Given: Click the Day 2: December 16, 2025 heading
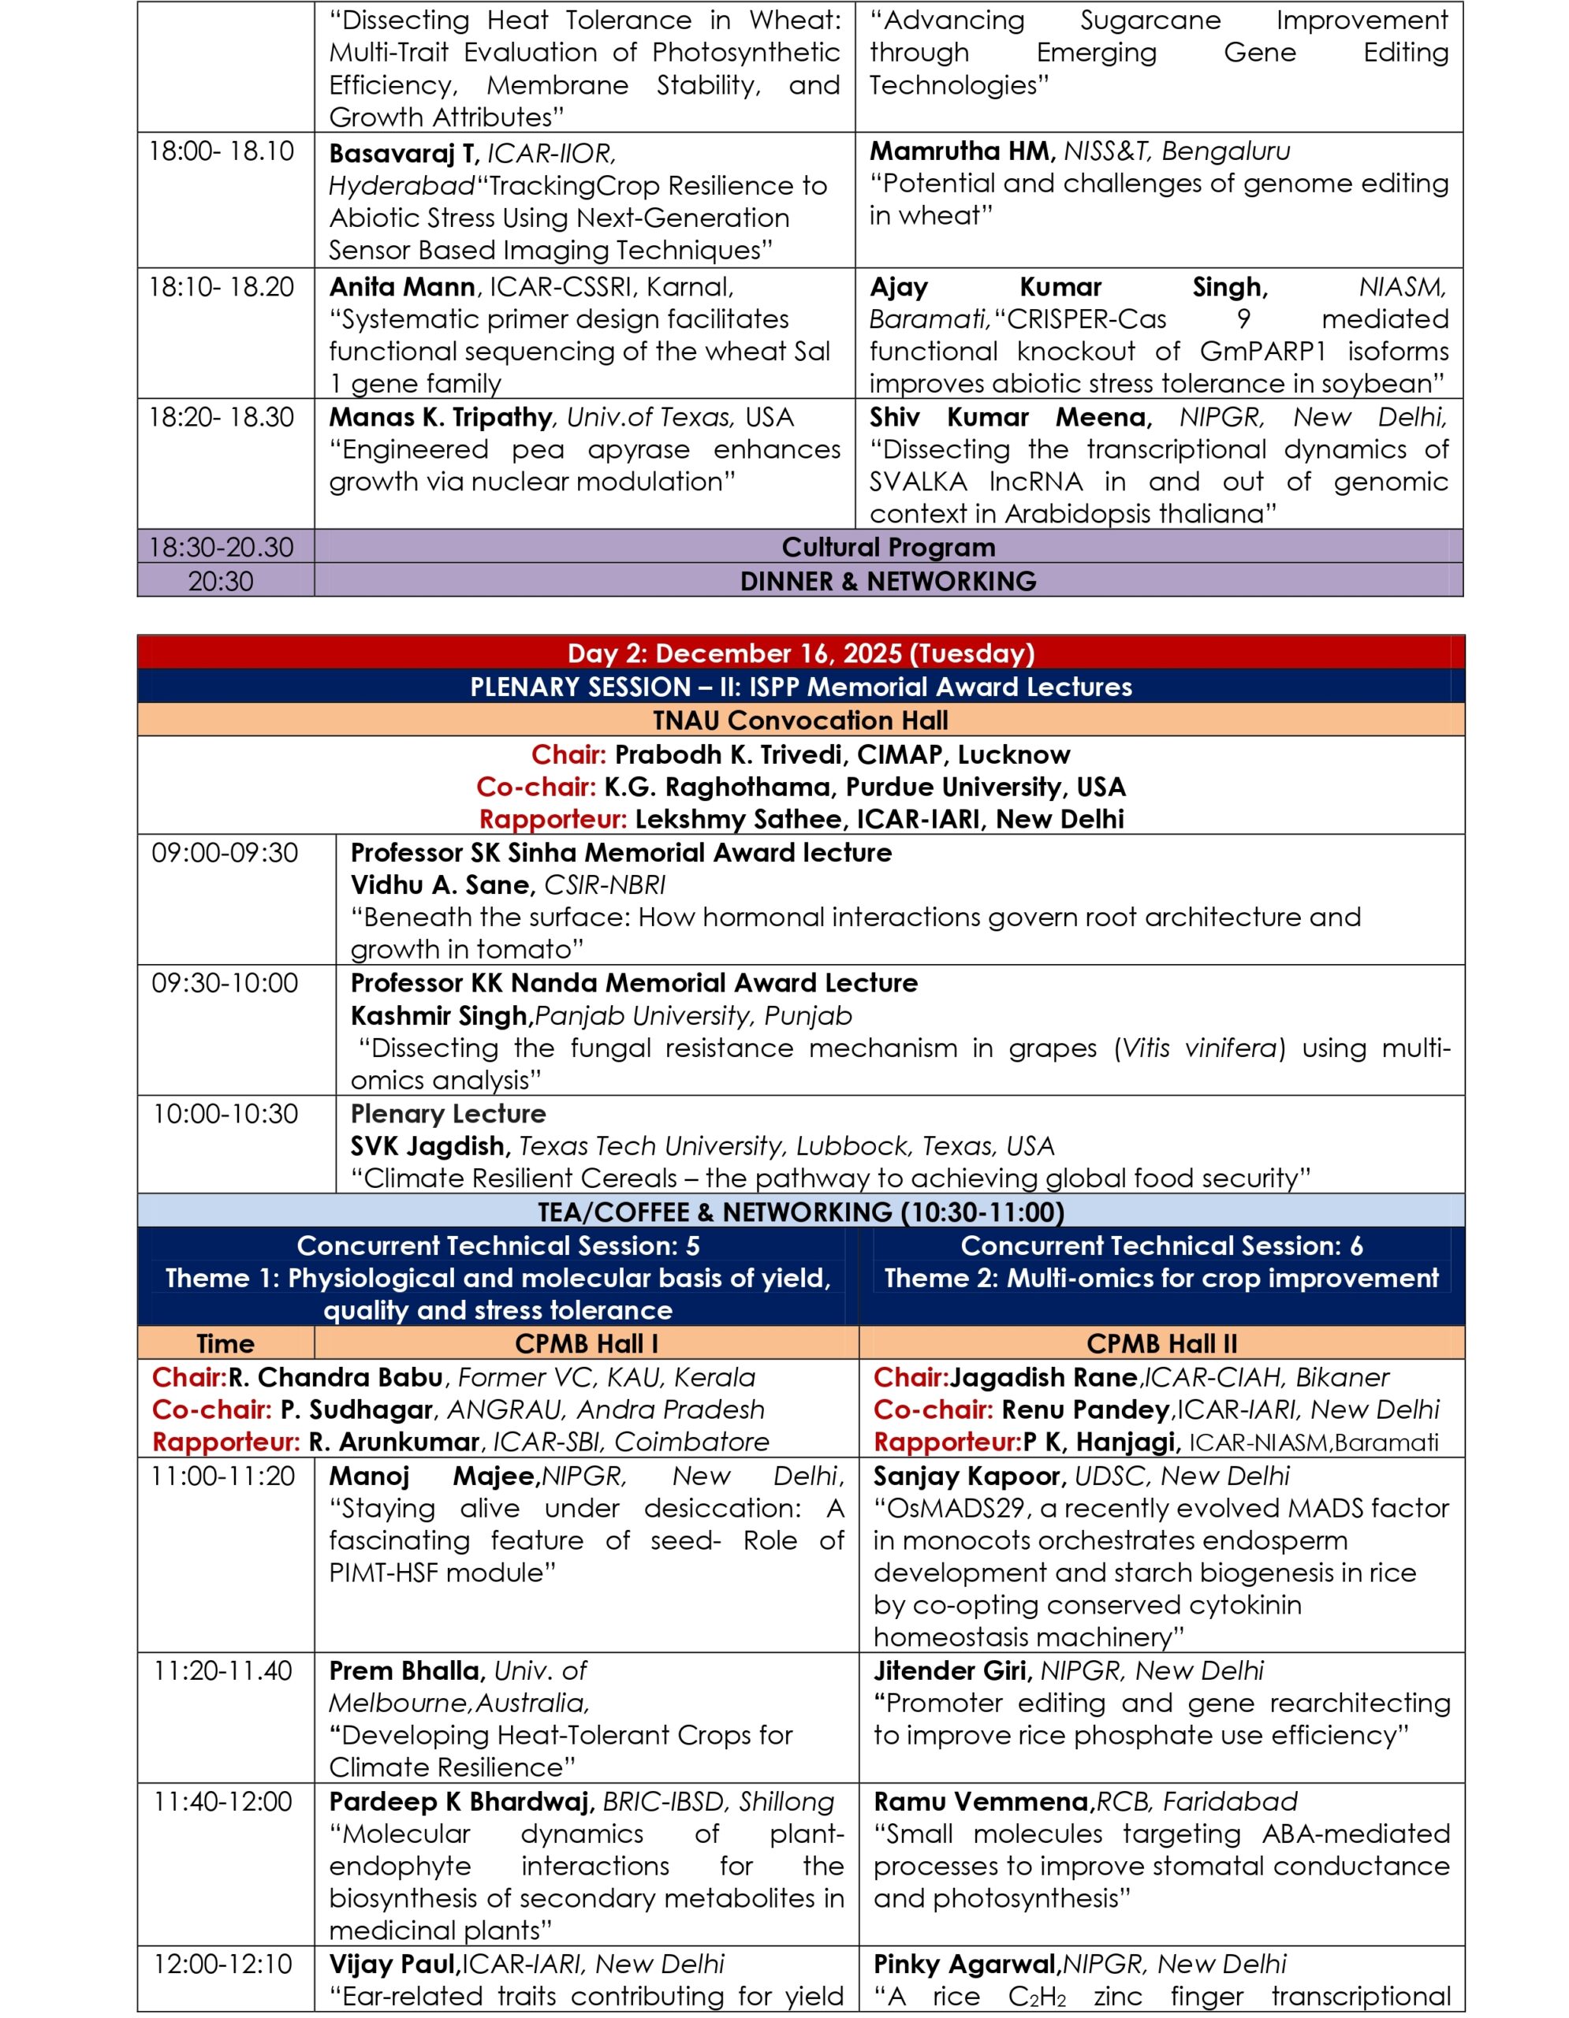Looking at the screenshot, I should tap(800, 653).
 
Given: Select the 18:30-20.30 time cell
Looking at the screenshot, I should tap(221, 547).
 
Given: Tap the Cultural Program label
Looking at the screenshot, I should tap(888, 547).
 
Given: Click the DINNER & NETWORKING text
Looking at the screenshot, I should tap(888, 581).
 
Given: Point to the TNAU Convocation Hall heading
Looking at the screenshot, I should tap(800, 720).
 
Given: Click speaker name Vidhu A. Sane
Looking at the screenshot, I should tap(442, 884).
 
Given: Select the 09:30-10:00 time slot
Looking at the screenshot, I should tap(225, 982).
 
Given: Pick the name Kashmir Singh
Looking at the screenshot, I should tap(438, 1015).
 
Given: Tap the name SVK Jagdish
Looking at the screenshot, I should tap(430, 1145).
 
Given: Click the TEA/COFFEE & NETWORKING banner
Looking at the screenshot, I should tap(800, 1212).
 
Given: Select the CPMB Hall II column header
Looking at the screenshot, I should tap(1161, 1342).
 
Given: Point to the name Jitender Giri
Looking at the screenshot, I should tap(952, 1670).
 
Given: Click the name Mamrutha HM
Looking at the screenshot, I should tap(961, 151).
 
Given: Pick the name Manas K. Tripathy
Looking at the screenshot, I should tap(440, 417).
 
